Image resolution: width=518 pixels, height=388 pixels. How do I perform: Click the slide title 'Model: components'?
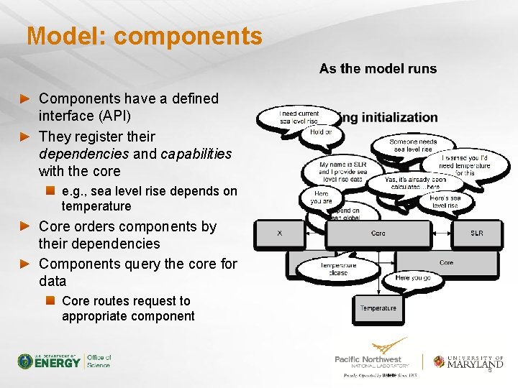[x=145, y=36]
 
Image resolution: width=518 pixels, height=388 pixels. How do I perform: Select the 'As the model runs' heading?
[x=378, y=69]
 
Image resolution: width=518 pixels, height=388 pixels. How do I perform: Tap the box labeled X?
[x=280, y=233]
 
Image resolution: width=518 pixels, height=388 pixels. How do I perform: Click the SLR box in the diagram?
[x=476, y=233]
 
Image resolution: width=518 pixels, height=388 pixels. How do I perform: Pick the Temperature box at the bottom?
[x=378, y=308]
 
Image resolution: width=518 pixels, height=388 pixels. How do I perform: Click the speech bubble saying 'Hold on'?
[x=321, y=132]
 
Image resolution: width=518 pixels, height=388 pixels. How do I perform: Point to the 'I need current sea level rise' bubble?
[x=299, y=116]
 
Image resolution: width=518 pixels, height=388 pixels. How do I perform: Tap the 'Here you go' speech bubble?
[x=413, y=277]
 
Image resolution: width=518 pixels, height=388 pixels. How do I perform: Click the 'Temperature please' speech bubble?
[x=337, y=269]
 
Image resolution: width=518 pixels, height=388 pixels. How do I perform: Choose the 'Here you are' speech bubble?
[x=321, y=197]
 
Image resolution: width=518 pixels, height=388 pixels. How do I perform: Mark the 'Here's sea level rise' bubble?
[x=444, y=201]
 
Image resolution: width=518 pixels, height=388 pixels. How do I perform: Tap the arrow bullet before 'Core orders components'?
[x=26, y=226]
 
